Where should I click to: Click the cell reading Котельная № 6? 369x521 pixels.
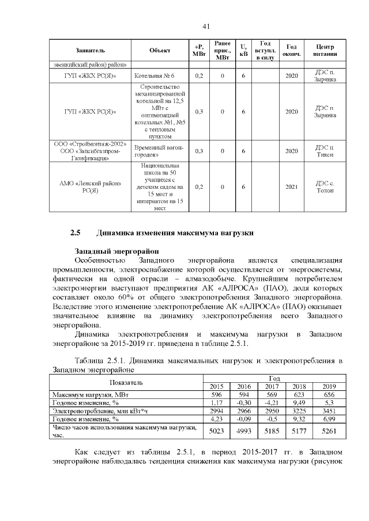[154, 76]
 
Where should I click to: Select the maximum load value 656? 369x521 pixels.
[329, 395]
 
